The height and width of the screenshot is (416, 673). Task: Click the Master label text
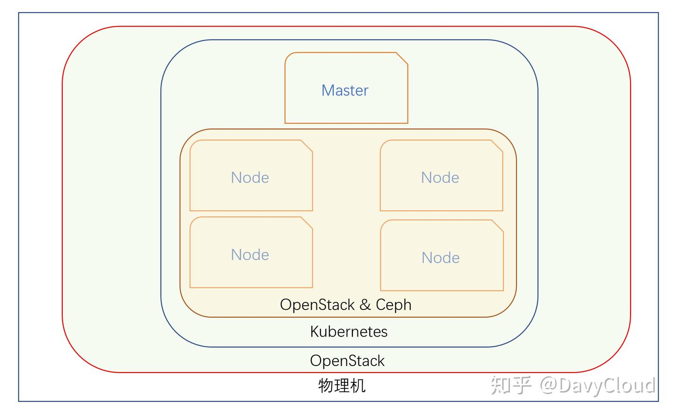345,90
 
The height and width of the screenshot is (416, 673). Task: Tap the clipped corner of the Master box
402,58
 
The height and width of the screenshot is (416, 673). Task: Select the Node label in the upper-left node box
250,178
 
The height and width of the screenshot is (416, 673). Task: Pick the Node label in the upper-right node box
440,178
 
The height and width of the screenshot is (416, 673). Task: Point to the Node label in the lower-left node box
250,255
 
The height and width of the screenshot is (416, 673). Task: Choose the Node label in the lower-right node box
440,258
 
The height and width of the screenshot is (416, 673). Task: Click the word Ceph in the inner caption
394,305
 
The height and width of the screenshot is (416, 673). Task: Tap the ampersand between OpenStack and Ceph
365,305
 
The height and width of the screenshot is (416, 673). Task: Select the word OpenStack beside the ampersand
317,305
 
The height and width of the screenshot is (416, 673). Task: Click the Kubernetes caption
349,332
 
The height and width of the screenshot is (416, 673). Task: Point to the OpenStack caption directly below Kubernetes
347,361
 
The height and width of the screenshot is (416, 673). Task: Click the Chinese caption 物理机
342,386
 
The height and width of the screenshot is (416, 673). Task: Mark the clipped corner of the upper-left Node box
307,146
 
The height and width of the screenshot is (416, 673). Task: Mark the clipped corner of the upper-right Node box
497,146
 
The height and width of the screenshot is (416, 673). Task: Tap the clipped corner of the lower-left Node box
307,223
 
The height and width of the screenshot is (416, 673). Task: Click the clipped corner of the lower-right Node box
498,226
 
